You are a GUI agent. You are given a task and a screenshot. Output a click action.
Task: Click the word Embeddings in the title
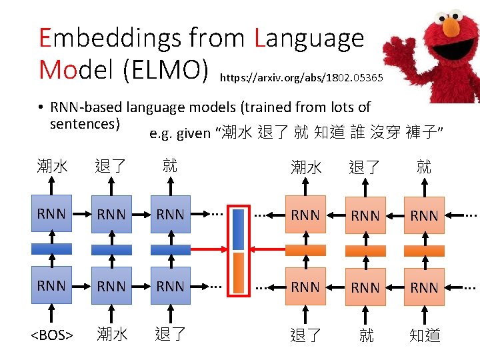(x=110, y=37)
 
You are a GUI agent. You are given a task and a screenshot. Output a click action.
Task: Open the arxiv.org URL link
(x=301, y=77)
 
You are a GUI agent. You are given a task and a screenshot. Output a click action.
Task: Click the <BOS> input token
(x=52, y=335)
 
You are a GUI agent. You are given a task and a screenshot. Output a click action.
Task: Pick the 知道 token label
(x=425, y=335)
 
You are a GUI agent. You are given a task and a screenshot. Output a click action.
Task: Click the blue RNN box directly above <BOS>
(x=52, y=286)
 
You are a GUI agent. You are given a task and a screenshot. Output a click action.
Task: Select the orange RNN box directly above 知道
(x=425, y=287)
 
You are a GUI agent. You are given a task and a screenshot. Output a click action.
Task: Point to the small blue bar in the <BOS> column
(x=52, y=249)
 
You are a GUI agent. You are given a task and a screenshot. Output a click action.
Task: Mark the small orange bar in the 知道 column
(x=425, y=251)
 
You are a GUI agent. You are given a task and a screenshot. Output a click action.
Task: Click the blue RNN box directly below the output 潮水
(x=52, y=214)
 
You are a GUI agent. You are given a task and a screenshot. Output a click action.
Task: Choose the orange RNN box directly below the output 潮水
(x=305, y=215)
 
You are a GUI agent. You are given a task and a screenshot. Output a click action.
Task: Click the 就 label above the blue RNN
(x=170, y=166)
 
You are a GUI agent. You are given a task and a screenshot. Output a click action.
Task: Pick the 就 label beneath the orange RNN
(x=366, y=335)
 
